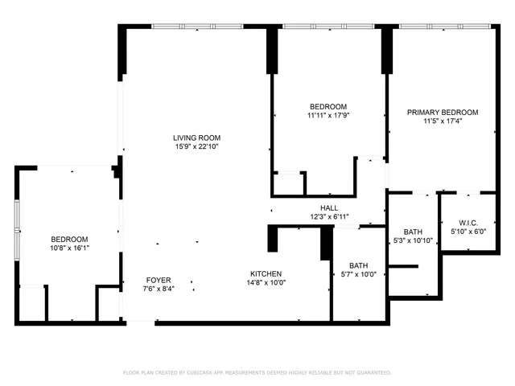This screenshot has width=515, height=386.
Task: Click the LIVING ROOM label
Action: pyautogui.click(x=196, y=138)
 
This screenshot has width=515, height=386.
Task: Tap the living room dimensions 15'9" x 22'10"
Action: pyautogui.click(x=196, y=146)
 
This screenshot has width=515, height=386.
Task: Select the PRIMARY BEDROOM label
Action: pyautogui.click(x=442, y=113)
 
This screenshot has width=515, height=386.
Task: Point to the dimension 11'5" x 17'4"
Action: pyautogui.click(x=442, y=121)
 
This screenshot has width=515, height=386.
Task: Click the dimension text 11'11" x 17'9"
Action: pyautogui.click(x=328, y=115)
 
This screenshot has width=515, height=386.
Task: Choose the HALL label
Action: pyautogui.click(x=328, y=208)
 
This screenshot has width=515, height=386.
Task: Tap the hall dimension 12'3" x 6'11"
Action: pyautogui.click(x=328, y=217)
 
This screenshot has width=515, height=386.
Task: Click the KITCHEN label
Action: pyautogui.click(x=266, y=273)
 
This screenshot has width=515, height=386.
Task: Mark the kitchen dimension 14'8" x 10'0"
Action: pyautogui.click(x=266, y=282)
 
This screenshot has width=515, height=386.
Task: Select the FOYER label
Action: pyautogui.click(x=158, y=280)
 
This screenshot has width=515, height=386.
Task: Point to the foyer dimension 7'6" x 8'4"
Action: pyautogui.click(x=158, y=289)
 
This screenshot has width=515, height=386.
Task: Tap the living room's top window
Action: pyautogui.click(x=197, y=27)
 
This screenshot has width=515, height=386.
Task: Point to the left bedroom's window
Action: pyautogui.click(x=16, y=229)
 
